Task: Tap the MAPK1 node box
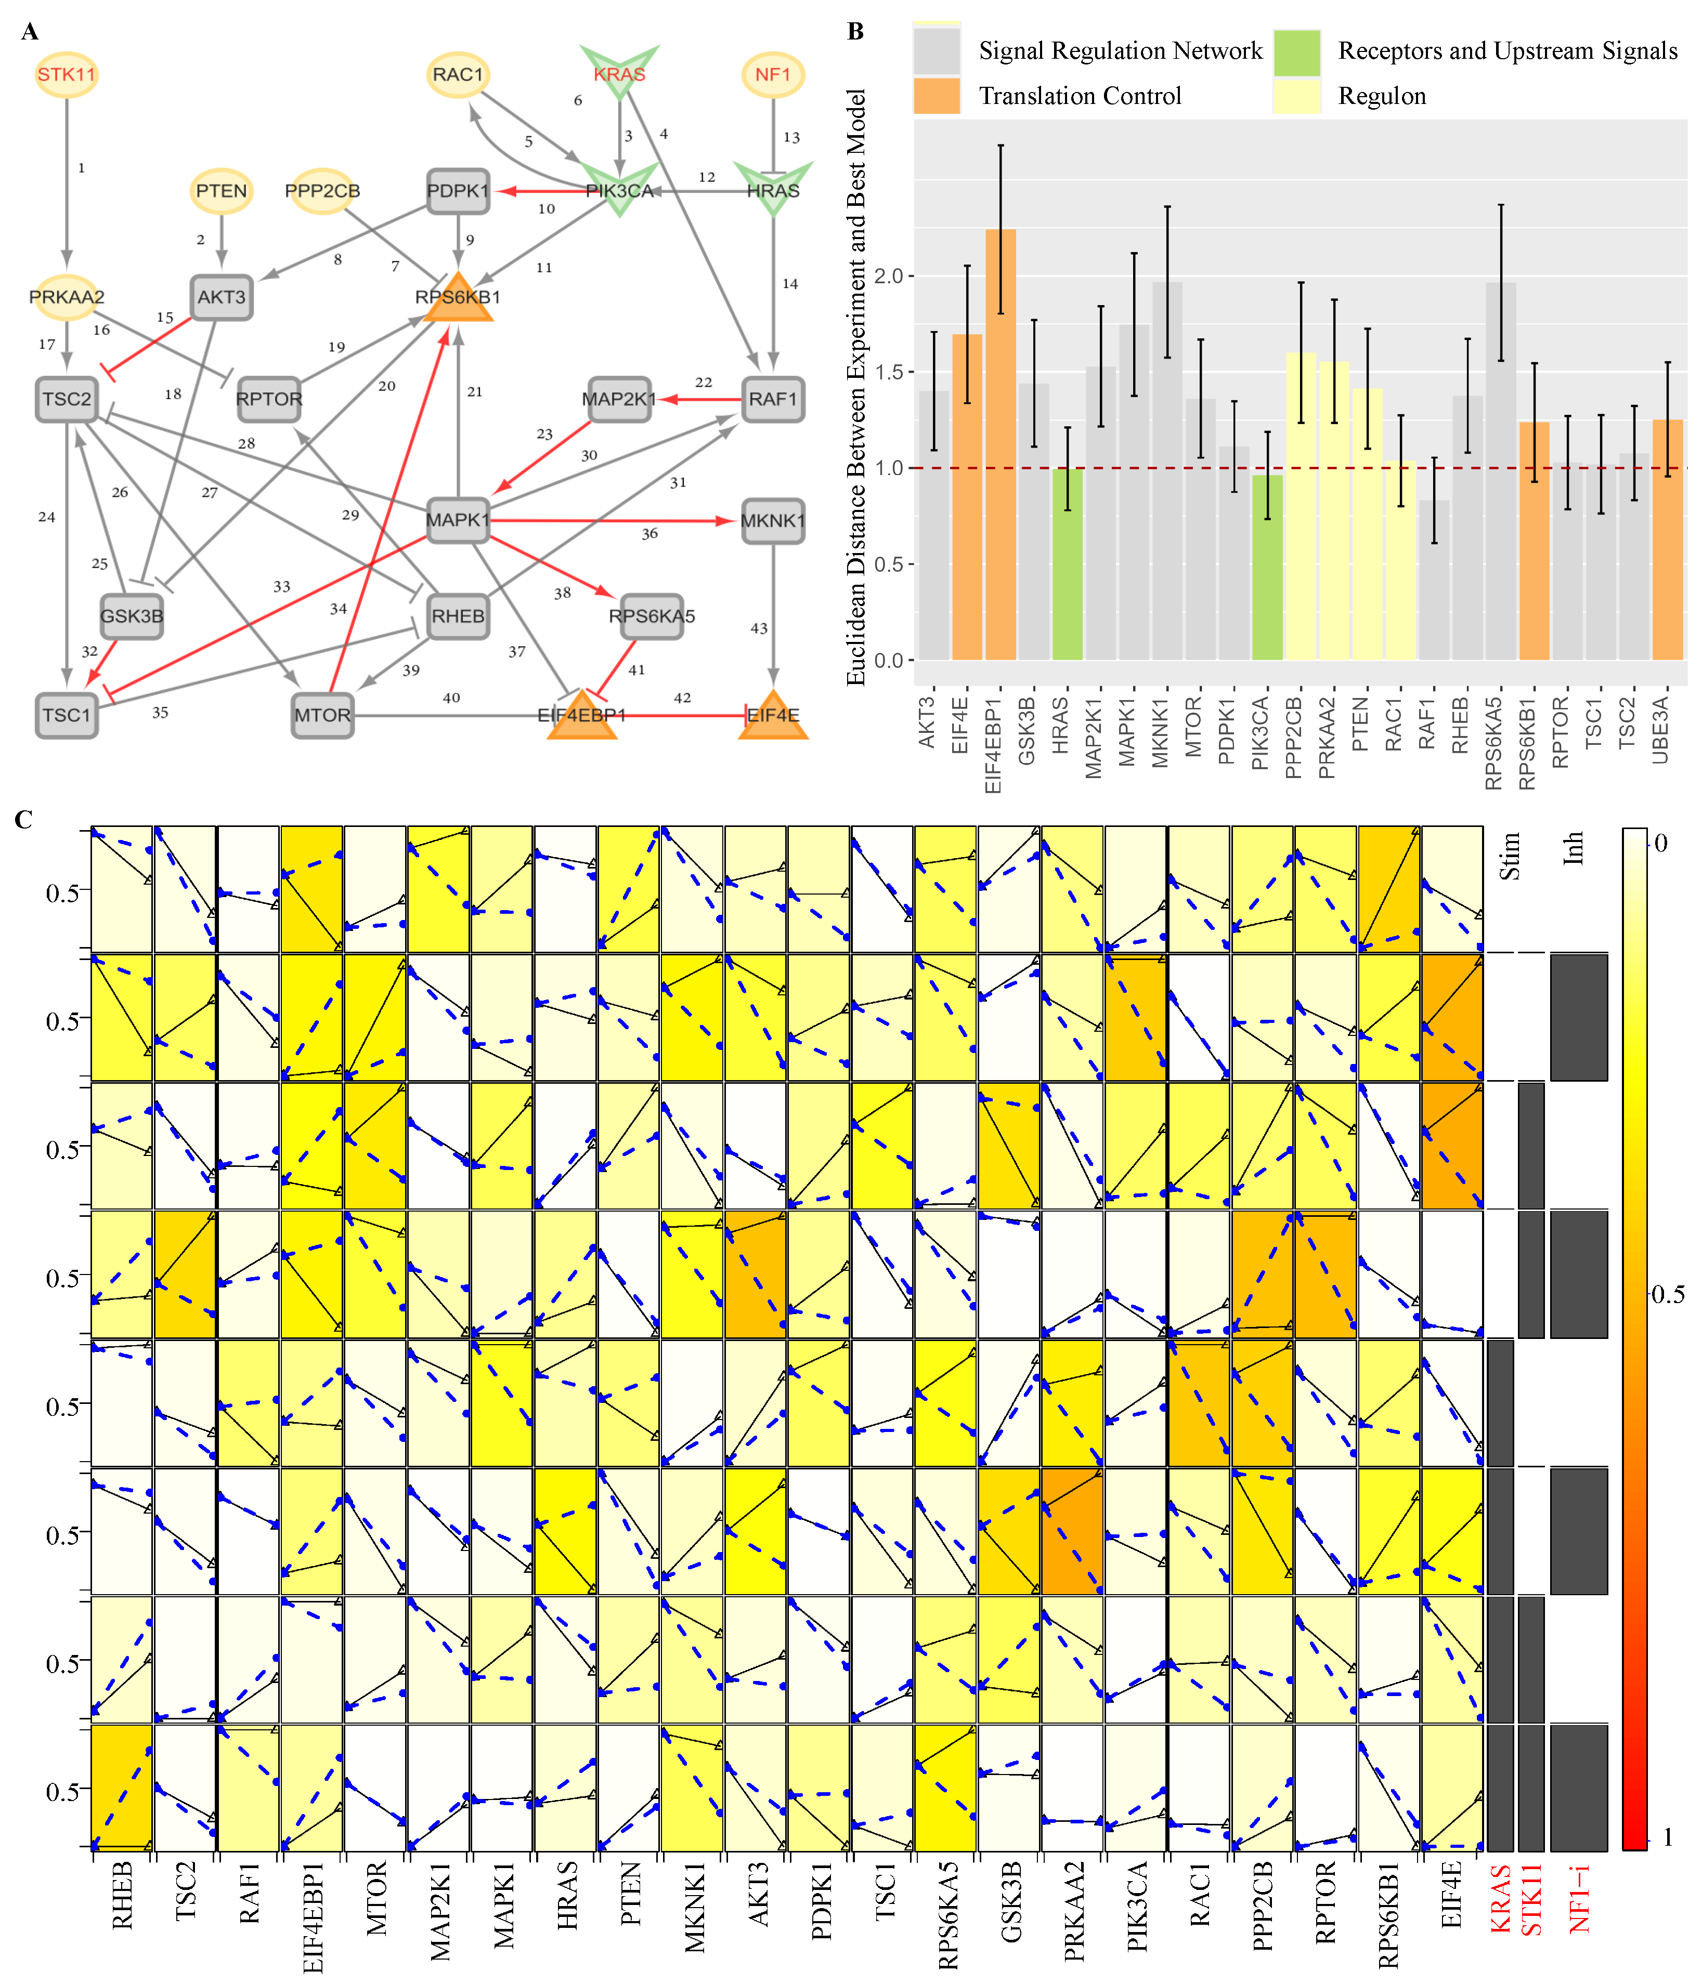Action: (458, 520)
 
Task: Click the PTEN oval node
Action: (221, 191)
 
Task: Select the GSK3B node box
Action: (132, 616)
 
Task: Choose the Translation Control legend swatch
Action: (936, 96)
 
